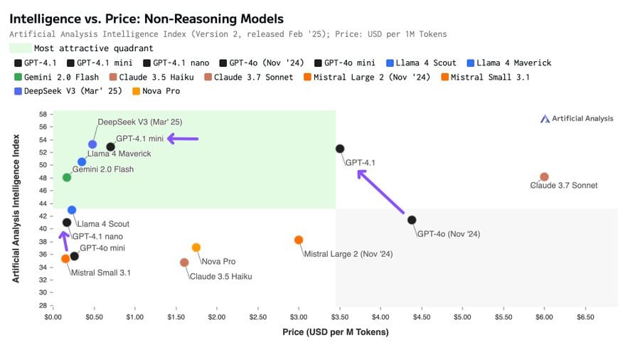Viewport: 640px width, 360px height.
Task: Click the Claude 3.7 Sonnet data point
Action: [x=544, y=176]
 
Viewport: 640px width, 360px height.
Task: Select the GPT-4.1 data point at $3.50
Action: [x=340, y=149]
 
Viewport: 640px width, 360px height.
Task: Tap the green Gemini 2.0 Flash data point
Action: [x=67, y=177]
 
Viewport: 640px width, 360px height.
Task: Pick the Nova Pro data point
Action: [x=196, y=248]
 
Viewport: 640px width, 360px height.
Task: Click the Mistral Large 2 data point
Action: [x=299, y=240]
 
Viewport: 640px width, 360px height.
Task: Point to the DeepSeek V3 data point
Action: [x=92, y=144]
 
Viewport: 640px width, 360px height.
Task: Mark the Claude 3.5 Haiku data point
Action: [x=184, y=263]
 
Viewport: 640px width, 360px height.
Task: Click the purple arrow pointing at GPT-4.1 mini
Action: [x=183, y=139]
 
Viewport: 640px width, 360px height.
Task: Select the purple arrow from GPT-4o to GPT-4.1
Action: [x=380, y=191]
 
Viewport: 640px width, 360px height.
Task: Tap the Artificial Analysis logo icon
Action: [x=545, y=119]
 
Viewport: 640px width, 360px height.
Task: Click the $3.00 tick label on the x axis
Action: [x=299, y=317]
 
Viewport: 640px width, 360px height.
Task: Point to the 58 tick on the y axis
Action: [x=43, y=115]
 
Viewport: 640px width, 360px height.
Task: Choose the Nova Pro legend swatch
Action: [x=137, y=91]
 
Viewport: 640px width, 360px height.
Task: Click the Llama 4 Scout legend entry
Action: [x=421, y=63]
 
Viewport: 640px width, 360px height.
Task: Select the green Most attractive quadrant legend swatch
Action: [x=21, y=48]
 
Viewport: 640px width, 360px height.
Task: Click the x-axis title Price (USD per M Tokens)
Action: [x=336, y=332]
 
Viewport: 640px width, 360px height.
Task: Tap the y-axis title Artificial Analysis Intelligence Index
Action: [x=16, y=208]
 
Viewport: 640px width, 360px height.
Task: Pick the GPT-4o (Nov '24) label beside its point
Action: [x=449, y=234]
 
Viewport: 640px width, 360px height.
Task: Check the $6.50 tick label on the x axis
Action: [x=585, y=317]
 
